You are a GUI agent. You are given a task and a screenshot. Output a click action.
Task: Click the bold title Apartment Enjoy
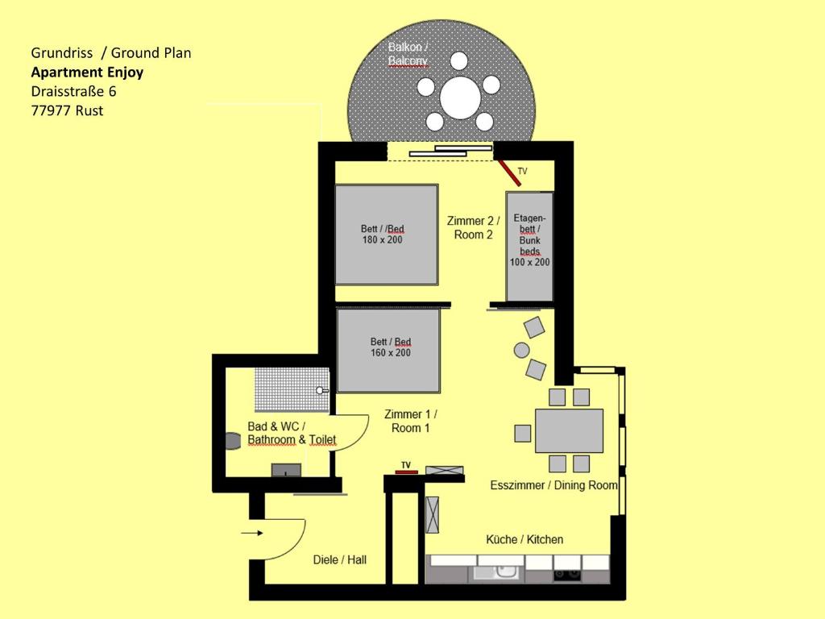pyautogui.click(x=87, y=72)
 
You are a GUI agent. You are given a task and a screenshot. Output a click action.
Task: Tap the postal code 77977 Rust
pyautogui.click(x=68, y=110)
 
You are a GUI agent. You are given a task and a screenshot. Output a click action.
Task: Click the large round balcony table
pyautogui.click(x=460, y=98)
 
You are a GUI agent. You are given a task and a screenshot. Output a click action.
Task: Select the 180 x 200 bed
pyautogui.click(x=387, y=235)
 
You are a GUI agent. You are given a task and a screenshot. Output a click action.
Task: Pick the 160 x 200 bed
pyautogui.click(x=388, y=351)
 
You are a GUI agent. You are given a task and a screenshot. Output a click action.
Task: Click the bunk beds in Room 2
pyautogui.click(x=529, y=247)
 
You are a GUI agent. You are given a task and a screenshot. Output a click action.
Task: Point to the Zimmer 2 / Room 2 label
pyautogui.click(x=473, y=228)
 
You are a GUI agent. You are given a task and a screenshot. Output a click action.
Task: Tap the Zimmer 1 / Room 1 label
pyautogui.click(x=410, y=421)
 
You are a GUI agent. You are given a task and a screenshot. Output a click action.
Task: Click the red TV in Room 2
pyautogui.click(x=510, y=173)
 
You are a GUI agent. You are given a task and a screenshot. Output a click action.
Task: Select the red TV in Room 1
pyautogui.click(x=406, y=472)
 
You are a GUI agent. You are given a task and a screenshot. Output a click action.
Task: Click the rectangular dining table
pyautogui.click(x=569, y=430)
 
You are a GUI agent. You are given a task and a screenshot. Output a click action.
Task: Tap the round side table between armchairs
pyautogui.click(x=521, y=350)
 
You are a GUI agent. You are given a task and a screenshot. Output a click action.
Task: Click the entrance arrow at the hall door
pyautogui.click(x=252, y=534)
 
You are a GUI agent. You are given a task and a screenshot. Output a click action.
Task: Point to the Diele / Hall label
pyautogui.click(x=339, y=559)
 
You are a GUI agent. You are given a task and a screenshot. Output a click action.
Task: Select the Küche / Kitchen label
pyautogui.click(x=524, y=539)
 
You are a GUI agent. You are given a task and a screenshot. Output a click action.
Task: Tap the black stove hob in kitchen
pyautogui.click(x=567, y=575)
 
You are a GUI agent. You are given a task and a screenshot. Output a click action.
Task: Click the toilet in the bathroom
pyautogui.click(x=233, y=441)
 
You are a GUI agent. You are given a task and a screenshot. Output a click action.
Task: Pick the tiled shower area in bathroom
pyautogui.click(x=292, y=389)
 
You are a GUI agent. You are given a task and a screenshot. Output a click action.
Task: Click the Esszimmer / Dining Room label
pyautogui.click(x=553, y=485)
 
